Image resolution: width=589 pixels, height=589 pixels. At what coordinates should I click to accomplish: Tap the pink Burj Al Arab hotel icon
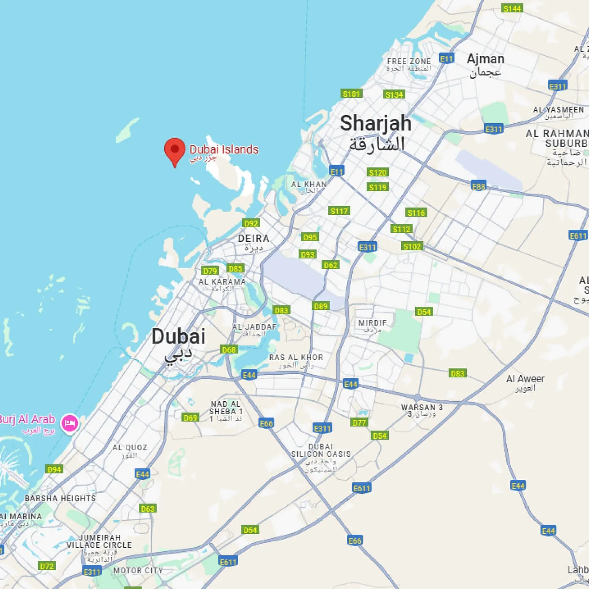point(70,423)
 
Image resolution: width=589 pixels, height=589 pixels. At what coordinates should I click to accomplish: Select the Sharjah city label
point(375,124)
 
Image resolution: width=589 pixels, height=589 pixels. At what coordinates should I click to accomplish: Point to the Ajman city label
point(485,59)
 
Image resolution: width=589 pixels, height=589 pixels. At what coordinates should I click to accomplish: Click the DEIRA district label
point(253,239)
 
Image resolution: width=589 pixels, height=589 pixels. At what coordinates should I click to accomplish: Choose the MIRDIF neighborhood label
point(372,323)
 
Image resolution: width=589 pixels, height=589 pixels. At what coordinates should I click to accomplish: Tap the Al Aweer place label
point(525,379)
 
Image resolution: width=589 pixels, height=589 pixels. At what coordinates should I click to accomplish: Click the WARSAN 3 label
point(422,407)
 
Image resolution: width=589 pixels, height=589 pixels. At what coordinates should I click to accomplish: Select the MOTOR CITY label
point(138,570)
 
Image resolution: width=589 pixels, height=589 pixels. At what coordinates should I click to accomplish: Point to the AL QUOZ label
point(130,448)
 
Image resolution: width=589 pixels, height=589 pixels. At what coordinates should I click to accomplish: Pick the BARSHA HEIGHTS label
point(61,498)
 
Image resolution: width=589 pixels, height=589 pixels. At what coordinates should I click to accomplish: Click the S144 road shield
point(512,8)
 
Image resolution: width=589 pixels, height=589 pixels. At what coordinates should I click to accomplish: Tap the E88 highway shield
point(479,186)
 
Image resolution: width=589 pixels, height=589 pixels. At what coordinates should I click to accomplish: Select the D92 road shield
point(251,223)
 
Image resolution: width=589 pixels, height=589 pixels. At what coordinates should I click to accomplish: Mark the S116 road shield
point(416,212)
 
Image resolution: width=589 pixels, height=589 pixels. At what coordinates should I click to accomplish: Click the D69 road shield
point(190,418)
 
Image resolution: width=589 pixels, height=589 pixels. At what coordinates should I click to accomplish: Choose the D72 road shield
point(47,566)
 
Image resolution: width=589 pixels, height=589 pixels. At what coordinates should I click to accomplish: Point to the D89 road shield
point(321,306)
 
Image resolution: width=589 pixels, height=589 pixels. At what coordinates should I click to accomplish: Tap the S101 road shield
point(351,94)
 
